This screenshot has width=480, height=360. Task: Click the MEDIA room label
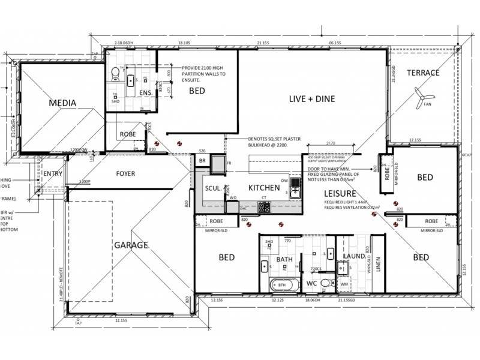pos(62,103)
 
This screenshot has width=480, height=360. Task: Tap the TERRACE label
pos(423,73)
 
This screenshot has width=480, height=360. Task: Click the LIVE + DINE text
pos(312,99)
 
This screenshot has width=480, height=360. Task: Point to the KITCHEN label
pos(263,188)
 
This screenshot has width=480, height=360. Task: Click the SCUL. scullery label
pos(213,188)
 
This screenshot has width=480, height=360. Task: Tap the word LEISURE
pos(340,193)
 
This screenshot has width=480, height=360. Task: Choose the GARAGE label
pos(131,245)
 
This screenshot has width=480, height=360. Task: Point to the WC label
pos(312,282)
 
